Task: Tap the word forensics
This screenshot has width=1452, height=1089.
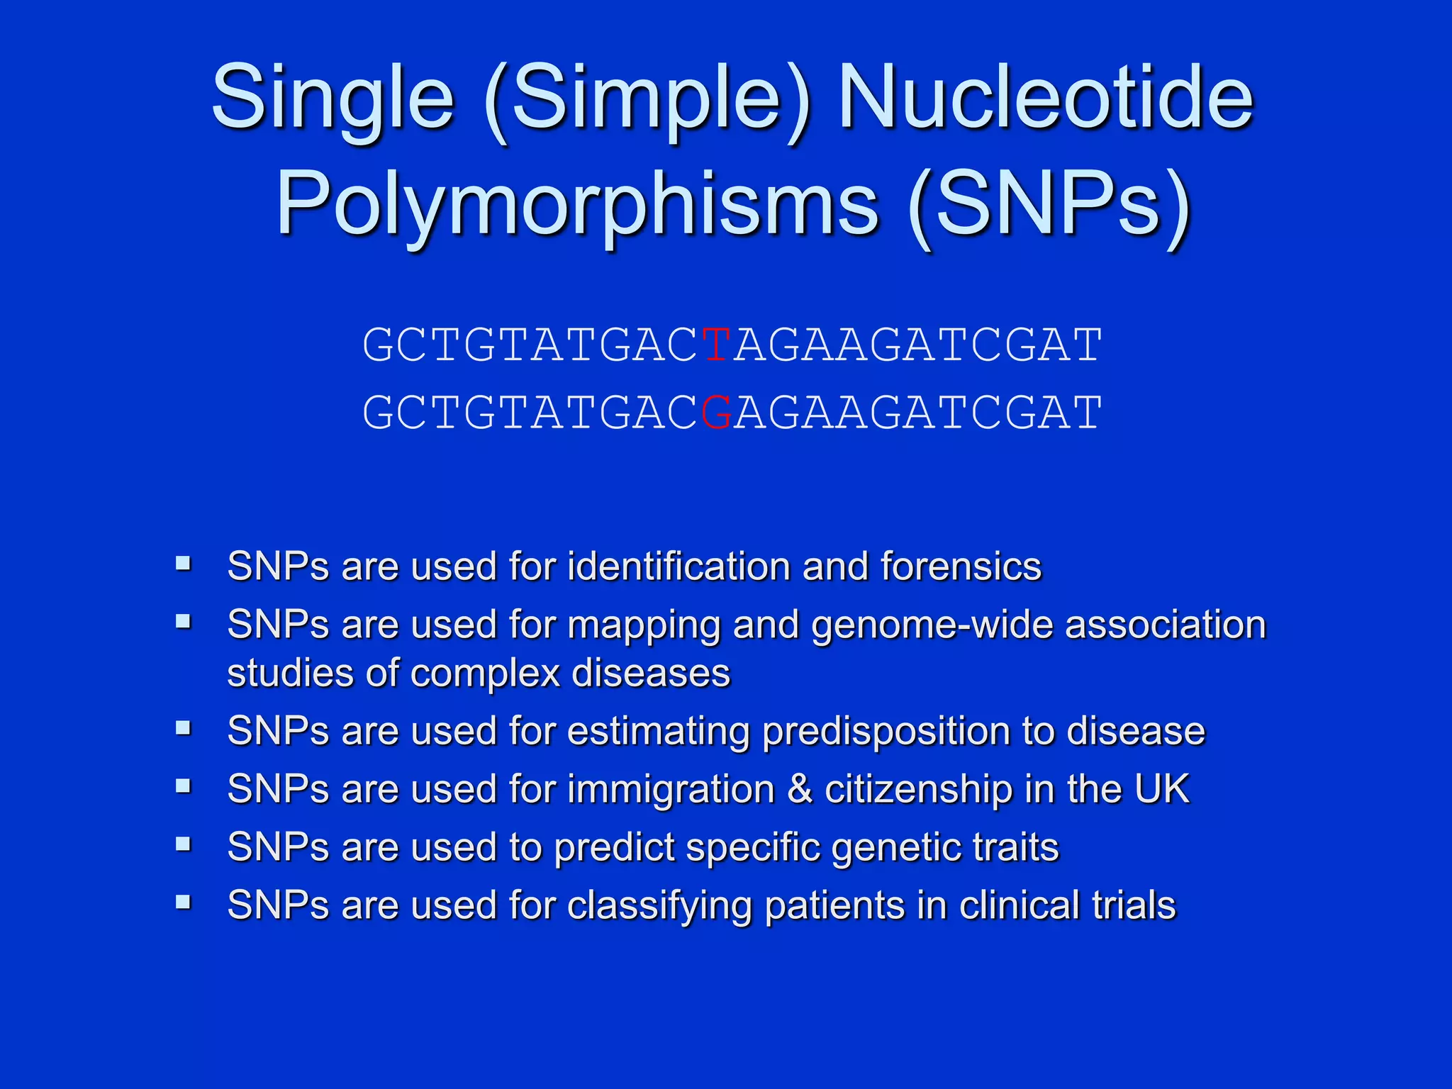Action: [x=961, y=566]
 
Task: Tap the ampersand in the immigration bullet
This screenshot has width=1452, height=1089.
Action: [x=800, y=789]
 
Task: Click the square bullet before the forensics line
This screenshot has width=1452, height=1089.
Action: [x=184, y=564]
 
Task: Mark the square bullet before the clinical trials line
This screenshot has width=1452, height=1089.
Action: [x=184, y=903]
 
